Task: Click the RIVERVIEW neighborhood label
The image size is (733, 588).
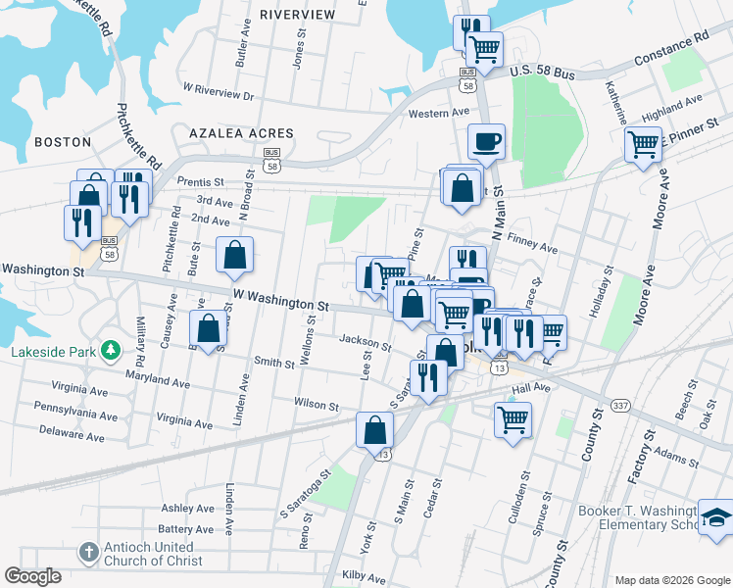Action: click(x=297, y=15)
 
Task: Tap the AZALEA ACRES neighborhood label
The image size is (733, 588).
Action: click(x=241, y=132)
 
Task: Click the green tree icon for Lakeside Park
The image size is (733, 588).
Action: click(x=112, y=350)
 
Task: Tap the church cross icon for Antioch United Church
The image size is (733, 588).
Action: click(x=89, y=552)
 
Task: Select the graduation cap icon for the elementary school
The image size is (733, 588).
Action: click(x=714, y=517)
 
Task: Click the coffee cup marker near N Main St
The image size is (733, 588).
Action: click(x=486, y=141)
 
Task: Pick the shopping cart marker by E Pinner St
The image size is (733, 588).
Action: click(x=643, y=144)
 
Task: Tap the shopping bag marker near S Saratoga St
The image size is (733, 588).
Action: click(x=374, y=428)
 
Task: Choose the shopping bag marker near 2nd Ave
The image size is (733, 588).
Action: click(x=235, y=255)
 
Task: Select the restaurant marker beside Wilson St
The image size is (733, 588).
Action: click(x=427, y=377)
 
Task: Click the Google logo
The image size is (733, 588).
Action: click(x=32, y=576)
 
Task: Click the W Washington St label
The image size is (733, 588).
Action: click(x=279, y=299)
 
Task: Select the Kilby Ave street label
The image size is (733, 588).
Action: click(x=359, y=575)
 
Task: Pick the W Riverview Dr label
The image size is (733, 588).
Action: click(x=219, y=91)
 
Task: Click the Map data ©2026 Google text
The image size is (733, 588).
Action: click(x=671, y=579)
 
